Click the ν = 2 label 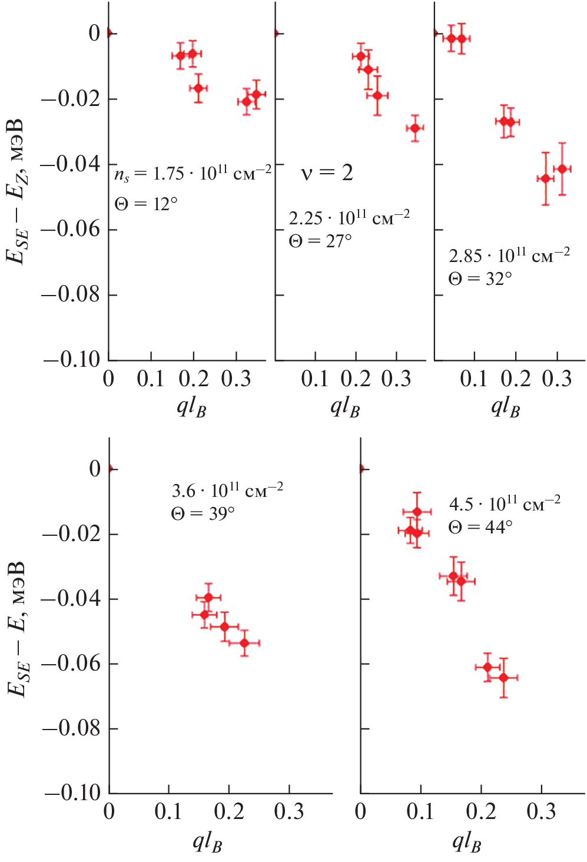click(327, 173)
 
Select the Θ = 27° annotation click(320, 241)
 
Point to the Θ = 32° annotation click(480, 279)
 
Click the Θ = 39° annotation click(203, 513)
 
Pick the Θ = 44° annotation click(480, 527)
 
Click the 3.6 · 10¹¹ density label click(227, 490)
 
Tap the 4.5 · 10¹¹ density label click(505, 503)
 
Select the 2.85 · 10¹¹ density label click(509, 256)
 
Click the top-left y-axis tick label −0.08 click(71, 294)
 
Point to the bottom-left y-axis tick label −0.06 click(71, 664)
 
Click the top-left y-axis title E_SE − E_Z click(16, 191)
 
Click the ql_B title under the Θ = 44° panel click(467, 842)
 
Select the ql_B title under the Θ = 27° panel click(345, 407)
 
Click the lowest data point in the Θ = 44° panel click(503, 678)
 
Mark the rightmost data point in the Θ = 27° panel click(415, 128)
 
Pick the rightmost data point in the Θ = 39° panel click(244, 643)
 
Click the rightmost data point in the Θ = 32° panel click(562, 169)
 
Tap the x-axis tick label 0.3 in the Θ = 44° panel click(541, 812)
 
